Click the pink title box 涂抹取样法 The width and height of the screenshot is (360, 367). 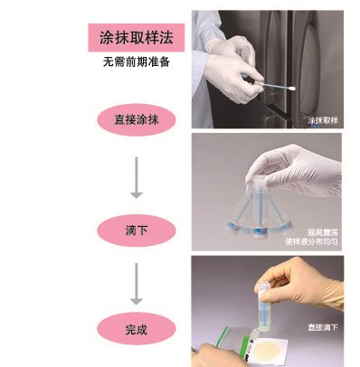pyautogui.click(x=137, y=38)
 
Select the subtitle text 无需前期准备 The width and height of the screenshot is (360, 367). pyautogui.click(x=137, y=61)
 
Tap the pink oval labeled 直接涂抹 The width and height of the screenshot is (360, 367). pyautogui.click(x=137, y=120)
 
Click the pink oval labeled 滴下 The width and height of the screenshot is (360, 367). pyautogui.click(x=137, y=231)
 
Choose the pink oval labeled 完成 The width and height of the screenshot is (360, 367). pyautogui.click(x=137, y=329)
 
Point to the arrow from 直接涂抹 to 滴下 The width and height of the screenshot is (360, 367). pyautogui.click(x=137, y=178)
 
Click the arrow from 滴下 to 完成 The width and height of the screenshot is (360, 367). pyautogui.click(x=137, y=284)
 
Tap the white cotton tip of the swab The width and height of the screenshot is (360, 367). pyautogui.click(x=290, y=89)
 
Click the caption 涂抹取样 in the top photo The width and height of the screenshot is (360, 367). pyautogui.click(x=323, y=120)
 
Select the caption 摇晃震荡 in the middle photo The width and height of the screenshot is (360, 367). pyautogui.click(x=323, y=232)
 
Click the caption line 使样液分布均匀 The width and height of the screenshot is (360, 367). pyautogui.click(x=312, y=241)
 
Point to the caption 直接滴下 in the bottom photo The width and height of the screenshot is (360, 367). pyautogui.click(x=323, y=327)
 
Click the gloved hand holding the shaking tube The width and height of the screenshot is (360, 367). pyautogui.click(x=294, y=169)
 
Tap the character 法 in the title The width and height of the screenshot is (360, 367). pyautogui.click(x=166, y=38)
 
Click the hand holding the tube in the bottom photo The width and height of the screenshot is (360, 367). pyautogui.click(x=300, y=287)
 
